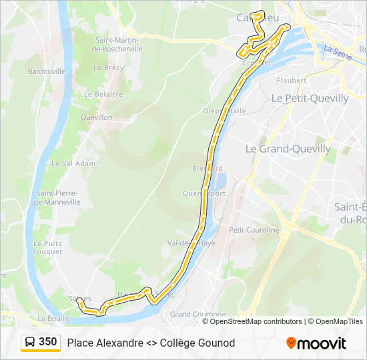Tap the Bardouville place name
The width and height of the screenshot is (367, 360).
46,71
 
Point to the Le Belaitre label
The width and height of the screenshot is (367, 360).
103,95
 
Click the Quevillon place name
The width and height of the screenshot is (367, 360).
96,117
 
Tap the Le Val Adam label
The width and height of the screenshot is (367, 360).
73,163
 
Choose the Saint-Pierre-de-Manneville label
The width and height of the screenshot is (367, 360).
59,197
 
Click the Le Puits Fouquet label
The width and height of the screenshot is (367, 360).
47,247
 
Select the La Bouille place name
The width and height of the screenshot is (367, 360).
54,318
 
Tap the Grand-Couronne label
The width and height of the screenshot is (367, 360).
198,314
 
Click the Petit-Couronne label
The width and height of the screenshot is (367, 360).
254,230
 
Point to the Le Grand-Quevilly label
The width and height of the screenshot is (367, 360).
288,149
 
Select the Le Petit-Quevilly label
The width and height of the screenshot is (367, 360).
310,98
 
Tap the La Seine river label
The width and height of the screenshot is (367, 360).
336,49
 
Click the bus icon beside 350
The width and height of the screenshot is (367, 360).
30,343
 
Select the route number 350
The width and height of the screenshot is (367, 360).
48,342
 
